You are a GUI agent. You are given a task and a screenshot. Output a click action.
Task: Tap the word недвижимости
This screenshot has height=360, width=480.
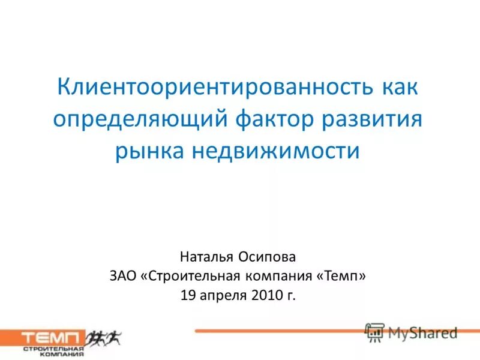(x=275, y=150)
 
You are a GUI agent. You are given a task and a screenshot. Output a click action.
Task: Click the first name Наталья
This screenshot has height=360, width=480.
(x=205, y=257)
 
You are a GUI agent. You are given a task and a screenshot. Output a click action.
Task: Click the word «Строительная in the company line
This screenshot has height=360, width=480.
(x=191, y=276)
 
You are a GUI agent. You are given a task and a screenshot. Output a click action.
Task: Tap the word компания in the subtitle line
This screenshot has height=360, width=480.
(x=278, y=276)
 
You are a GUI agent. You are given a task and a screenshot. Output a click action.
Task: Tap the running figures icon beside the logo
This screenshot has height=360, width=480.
(x=104, y=338)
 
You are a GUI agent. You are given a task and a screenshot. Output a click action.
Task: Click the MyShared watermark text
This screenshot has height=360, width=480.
(x=422, y=332)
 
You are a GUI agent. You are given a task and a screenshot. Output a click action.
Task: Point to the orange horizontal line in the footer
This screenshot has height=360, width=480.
(x=276, y=331)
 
